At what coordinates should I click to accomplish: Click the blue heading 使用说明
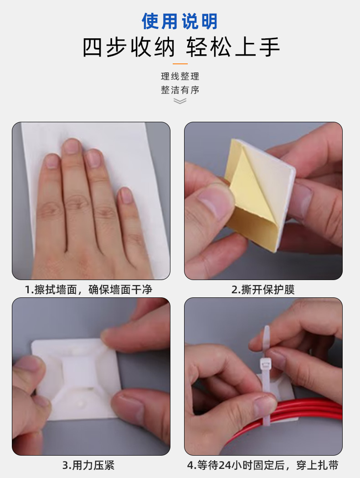[180, 21]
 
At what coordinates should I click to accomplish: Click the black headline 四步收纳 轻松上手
[181, 47]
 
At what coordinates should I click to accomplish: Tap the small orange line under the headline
[180, 64]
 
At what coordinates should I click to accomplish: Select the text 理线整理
[180, 76]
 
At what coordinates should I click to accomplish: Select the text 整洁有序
[180, 90]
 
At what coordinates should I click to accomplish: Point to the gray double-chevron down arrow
[180, 101]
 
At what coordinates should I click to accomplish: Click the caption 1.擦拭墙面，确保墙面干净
[88, 289]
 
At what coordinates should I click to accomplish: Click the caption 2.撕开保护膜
[263, 289]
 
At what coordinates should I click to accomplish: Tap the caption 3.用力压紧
[88, 465]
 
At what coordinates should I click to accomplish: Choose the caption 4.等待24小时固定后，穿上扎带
[263, 465]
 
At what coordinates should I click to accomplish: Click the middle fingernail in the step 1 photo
[72, 146]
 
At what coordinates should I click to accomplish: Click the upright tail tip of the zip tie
[267, 327]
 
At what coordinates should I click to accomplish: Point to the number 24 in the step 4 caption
[225, 466]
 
